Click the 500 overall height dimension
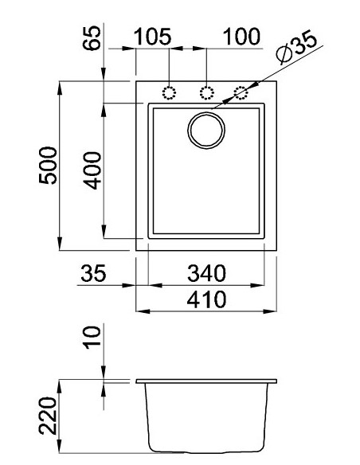[x=49, y=165]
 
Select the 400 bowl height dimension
[x=92, y=169]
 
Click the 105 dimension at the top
[x=154, y=37]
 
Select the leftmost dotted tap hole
[x=169, y=92]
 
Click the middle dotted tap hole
[x=206, y=92]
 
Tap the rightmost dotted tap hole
[x=241, y=92]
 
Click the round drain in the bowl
[x=207, y=129]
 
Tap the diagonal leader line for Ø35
[x=275, y=76]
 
